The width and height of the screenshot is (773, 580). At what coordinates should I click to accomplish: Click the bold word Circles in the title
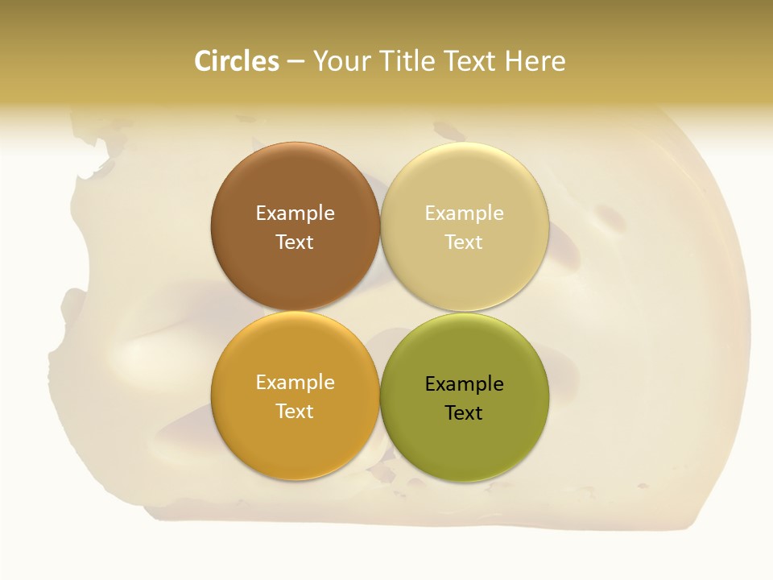[236, 61]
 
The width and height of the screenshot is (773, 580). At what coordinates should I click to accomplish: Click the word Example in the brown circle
[295, 213]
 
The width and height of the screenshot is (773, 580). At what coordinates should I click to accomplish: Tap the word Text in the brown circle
[295, 242]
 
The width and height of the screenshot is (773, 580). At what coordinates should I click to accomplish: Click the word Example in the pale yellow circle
[465, 213]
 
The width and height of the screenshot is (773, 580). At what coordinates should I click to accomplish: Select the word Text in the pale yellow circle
[465, 242]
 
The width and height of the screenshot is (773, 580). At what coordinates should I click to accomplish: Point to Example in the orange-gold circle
[295, 383]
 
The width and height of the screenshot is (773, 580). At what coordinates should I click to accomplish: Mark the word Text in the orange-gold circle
[295, 411]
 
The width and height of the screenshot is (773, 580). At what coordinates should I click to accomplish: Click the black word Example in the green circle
[465, 384]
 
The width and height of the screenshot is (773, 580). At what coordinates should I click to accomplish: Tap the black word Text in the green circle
[465, 413]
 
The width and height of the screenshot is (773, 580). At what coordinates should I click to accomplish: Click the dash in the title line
[296, 62]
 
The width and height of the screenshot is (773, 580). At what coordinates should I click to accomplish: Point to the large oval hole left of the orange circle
[149, 346]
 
